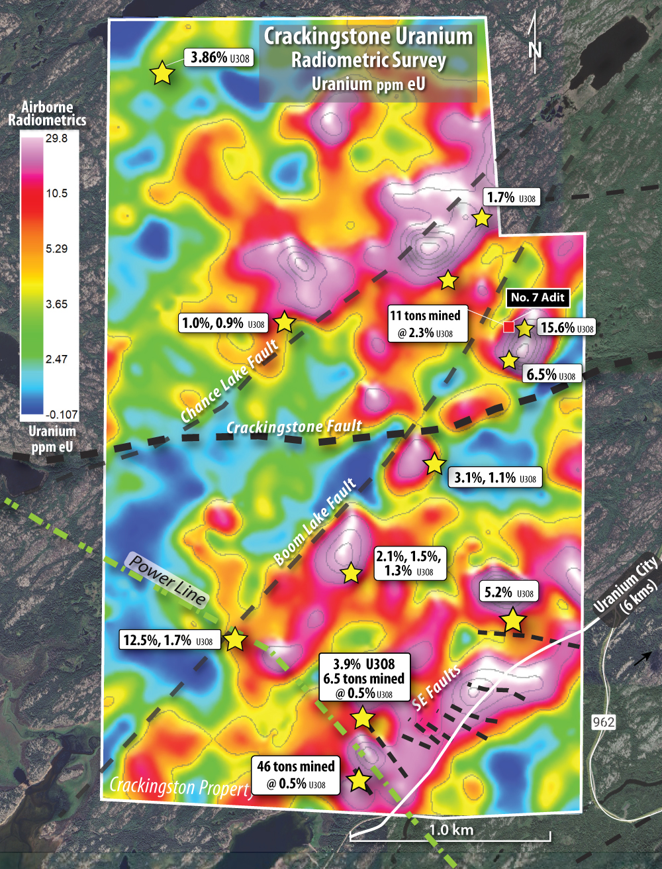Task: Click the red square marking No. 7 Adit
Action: point(508,327)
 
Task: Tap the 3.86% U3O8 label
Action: point(220,58)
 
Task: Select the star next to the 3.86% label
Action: point(162,73)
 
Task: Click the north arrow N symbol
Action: point(535,49)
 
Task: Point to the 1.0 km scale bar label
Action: point(451,829)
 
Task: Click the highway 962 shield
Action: point(603,721)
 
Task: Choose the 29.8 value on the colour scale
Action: point(56,138)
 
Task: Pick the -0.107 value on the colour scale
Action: point(61,415)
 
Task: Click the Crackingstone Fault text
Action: point(294,427)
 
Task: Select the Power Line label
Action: point(167,580)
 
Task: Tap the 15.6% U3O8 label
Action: point(567,327)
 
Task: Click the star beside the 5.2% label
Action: point(512,621)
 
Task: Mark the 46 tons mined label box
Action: point(296,775)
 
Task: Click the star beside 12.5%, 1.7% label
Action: point(235,640)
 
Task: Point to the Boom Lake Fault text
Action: point(315,522)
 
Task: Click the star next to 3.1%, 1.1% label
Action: point(434,464)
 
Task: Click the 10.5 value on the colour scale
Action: point(56,193)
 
